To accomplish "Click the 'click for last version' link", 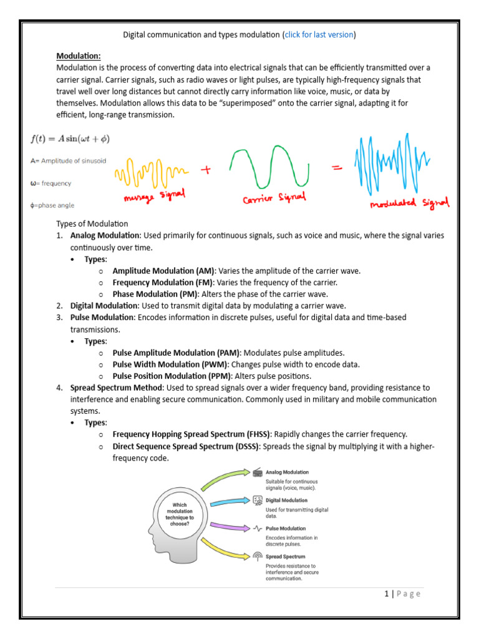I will point(319,34).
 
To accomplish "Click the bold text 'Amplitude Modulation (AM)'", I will point(163,271).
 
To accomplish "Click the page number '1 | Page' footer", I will point(402,593).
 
